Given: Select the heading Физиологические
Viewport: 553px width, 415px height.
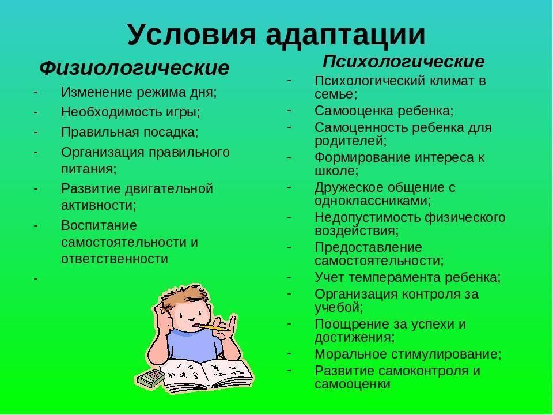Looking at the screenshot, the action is pos(134,68).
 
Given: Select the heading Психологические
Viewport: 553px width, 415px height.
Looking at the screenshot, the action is pos(403,62).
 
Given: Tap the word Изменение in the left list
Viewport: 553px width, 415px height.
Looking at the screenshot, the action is pos(97,92).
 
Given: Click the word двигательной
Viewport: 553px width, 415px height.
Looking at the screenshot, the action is pos(169,189).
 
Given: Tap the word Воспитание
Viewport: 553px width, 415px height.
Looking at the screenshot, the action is pos(99,225).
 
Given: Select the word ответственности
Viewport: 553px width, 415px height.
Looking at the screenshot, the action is pos(115,259).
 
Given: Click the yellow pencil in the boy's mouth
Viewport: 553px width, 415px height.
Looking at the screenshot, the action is pos(211,327).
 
